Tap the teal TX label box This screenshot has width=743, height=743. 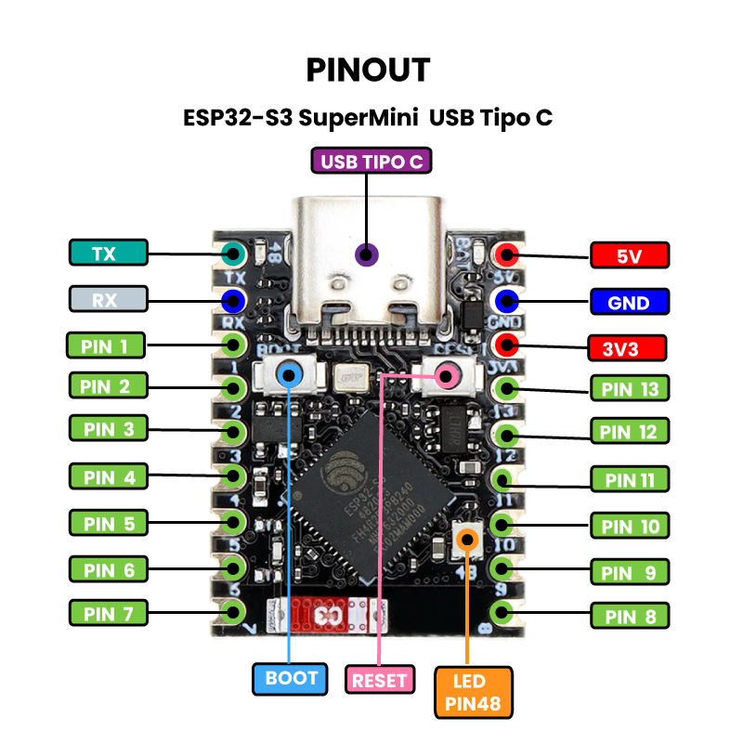click(x=108, y=253)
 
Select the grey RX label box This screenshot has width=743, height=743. click(x=108, y=300)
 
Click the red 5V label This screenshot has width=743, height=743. click(x=629, y=254)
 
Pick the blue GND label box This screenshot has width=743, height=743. click(x=629, y=302)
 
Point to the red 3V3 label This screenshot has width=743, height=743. click(x=629, y=349)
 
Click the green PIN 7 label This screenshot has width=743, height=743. click(x=108, y=613)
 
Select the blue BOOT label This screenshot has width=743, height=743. click(x=291, y=679)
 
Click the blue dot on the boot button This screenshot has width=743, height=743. click(x=291, y=374)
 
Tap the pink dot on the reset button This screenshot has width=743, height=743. click(x=448, y=375)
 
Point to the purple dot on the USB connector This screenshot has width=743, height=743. click(x=368, y=254)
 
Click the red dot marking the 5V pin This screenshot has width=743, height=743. click(x=506, y=254)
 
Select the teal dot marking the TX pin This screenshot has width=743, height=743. click(x=231, y=253)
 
